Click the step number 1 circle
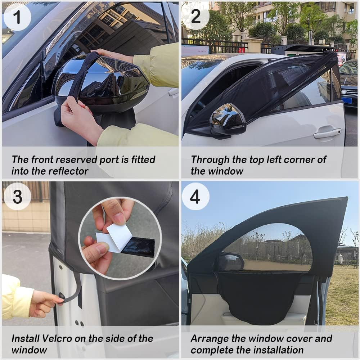coord(17,17)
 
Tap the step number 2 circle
coord(196,17)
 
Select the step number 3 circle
coord(17,197)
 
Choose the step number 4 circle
coord(195,197)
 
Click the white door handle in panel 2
coord(327,133)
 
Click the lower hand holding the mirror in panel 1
coord(79,119)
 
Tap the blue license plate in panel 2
coord(347,100)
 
